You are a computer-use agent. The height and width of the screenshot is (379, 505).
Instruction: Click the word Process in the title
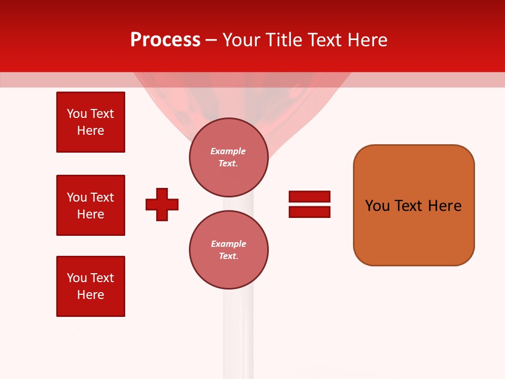point(165,40)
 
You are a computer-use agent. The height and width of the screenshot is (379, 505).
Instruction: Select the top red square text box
point(90,122)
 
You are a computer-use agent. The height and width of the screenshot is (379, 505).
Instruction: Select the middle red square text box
point(90,205)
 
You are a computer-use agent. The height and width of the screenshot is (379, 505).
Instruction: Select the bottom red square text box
point(90,286)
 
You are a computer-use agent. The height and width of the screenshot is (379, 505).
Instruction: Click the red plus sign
point(162,204)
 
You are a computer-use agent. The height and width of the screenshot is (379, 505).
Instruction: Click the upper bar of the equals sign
point(309,196)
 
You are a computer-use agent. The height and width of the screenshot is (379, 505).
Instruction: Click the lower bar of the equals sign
point(309,212)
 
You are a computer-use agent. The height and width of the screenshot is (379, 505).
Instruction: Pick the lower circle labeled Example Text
point(228,250)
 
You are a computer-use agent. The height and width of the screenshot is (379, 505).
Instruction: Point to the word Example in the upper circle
point(228,151)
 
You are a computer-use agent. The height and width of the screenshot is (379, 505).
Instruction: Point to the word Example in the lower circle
point(228,244)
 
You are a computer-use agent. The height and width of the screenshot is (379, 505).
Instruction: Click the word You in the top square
point(77,114)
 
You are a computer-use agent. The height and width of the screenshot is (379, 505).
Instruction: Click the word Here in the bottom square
point(90,295)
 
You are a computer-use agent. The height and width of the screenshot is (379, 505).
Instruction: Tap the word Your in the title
point(240,40)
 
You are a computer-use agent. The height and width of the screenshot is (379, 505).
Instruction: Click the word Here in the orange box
point(445,206)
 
